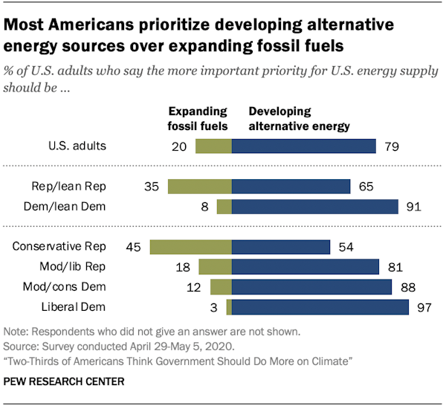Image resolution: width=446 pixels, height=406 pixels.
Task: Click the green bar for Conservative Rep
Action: pos(191,247)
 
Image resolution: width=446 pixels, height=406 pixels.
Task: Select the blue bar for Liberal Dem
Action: pos(320,307)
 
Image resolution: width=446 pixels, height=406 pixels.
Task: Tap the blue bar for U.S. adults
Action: pos(304,146)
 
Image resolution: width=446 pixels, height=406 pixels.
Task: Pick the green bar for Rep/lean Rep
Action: pos(200,186)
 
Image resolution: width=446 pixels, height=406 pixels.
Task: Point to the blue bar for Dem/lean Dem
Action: pos(315,206)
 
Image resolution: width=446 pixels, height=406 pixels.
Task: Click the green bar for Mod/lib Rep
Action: pos(216,267)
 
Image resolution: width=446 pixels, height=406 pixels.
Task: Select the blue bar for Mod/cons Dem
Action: pos(312,287)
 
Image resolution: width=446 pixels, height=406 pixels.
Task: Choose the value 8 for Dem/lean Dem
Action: pos(205,206)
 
